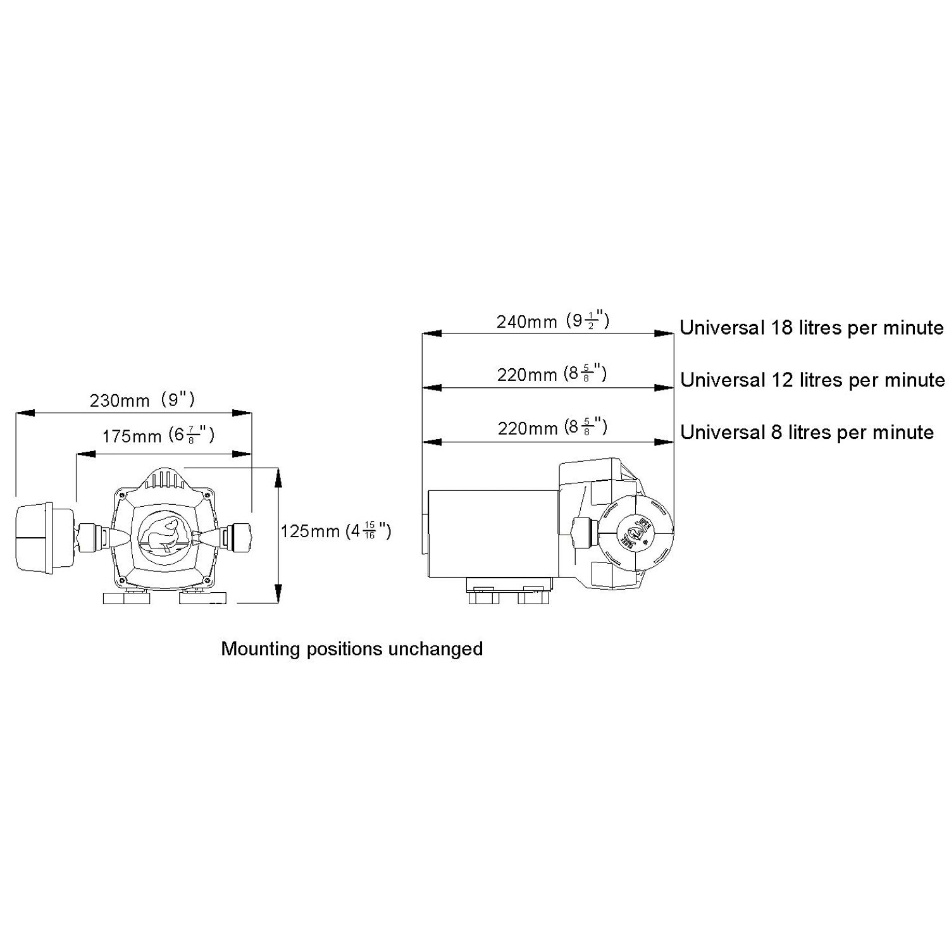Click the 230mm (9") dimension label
click(142, 400)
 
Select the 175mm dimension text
click(158, 436)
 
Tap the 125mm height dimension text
click(335, 531)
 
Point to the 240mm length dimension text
click(552, 322)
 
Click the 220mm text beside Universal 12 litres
click(552, 375)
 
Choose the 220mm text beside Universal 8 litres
click(552, 428)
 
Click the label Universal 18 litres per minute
click(812, 328)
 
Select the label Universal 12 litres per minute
click(812, 380)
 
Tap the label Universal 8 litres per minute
click(807, 433)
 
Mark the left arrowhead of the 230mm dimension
click(23, 413)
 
